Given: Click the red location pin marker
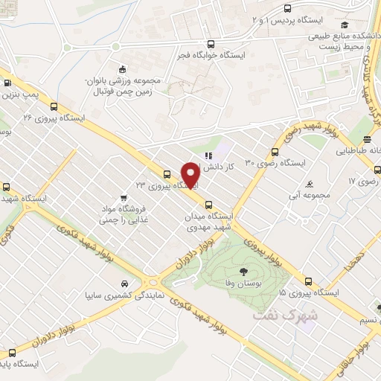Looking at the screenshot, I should coord(191,175).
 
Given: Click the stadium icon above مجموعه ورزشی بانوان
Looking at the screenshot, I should coord(117,65).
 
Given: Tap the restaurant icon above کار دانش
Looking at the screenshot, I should coord(208,156).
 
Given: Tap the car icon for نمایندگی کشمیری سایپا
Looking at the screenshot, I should coord(124,284).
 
